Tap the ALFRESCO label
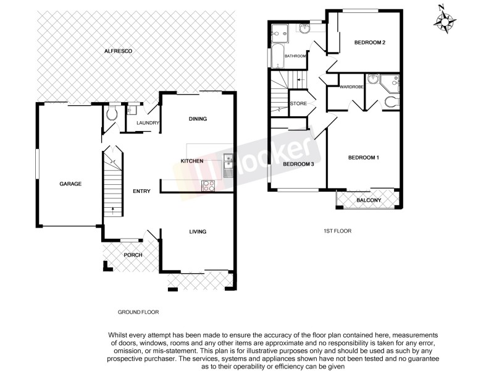pyautogui.click(x=118, y=51)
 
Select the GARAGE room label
pyautogui.click(x=70, y=184)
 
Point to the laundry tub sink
pyautogui.click(x=132, y=111)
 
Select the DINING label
pyautogui.click(x=198, y=119)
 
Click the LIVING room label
pyautogui.click(x=198, y=231)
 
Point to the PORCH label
pyautogui.click(x=133, y=255)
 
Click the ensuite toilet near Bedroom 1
pyautogui.click(x=391, y=102)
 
